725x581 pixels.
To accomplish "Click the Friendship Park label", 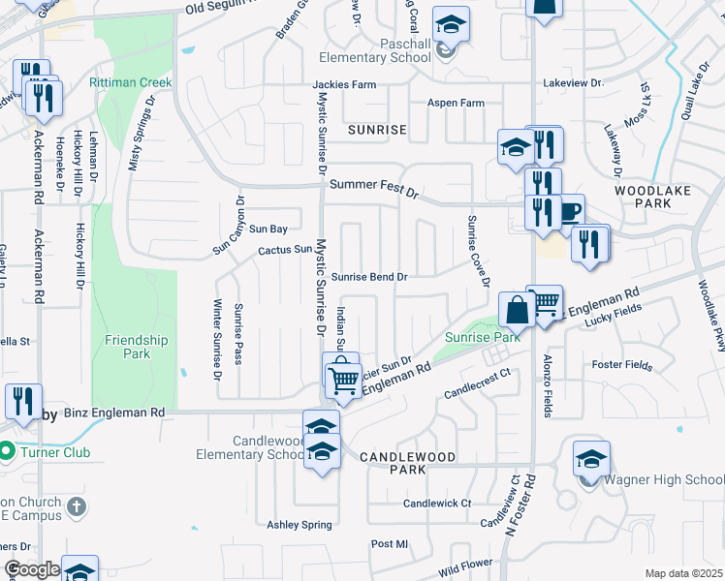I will coord(137,347).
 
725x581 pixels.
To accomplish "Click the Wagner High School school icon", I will coord(591,459).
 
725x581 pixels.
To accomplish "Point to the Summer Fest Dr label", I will coord(373,188).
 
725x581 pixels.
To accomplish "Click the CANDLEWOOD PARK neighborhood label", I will coord(394,462).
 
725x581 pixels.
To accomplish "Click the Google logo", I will coord(32,569).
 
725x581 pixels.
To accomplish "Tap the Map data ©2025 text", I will coord(683,573).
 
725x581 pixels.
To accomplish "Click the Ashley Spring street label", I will coord(299,525).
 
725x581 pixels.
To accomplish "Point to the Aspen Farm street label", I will coord(456,104).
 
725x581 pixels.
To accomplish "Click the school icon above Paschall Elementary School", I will coord(450,23).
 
